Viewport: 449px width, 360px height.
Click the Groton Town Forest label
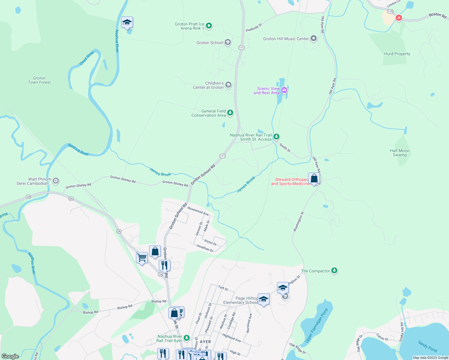click(39, 80)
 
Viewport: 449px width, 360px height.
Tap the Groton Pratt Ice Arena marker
click(209, 26)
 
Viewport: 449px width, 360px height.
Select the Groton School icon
click(228, 43)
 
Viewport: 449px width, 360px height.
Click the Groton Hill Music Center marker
click(314, 39)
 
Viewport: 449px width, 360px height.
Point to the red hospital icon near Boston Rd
click(399, 18)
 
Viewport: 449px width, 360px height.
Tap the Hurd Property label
click(397, 54)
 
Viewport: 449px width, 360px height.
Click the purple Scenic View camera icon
click(284, 90)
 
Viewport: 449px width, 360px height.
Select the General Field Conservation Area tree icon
click(230, 113)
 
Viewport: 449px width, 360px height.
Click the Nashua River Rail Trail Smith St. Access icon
click(276, 137)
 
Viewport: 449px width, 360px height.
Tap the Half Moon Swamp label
click(399, 153)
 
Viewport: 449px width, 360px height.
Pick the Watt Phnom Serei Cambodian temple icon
click(56, 181)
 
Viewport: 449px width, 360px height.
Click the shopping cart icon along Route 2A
click(142, 258)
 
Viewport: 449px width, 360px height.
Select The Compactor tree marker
click(334, 271)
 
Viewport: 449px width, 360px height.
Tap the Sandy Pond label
click(427, 346)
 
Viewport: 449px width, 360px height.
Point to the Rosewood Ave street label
click(198, 211)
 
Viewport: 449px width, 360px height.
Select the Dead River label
click(87, 58)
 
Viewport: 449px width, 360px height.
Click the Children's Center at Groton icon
click(228, 85)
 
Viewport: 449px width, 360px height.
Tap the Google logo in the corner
click(10, 356)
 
